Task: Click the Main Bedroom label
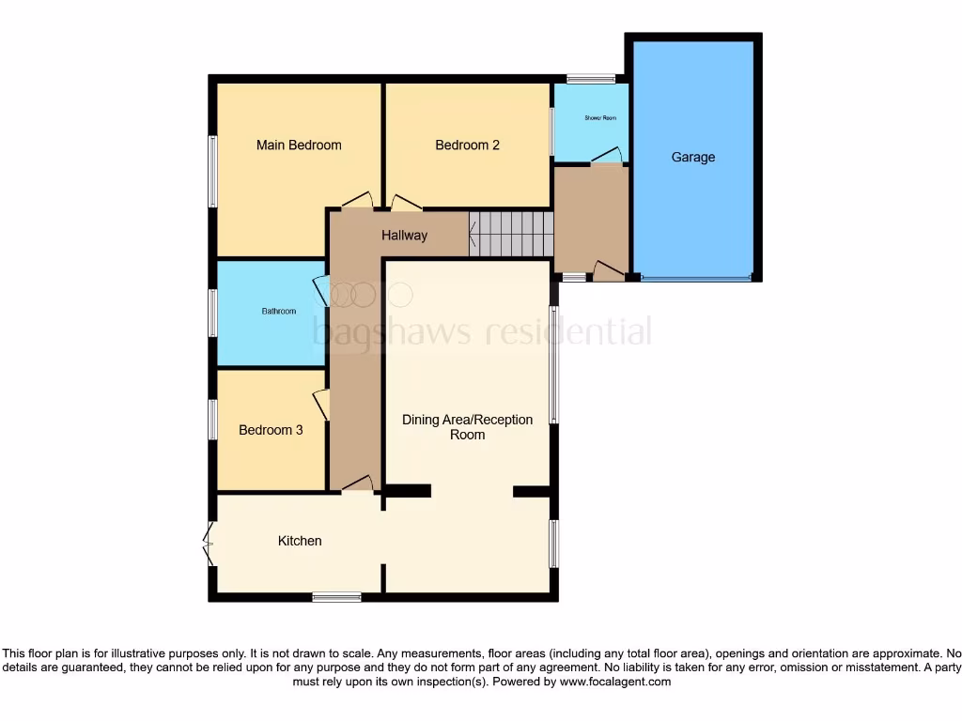click(x=299, y=145)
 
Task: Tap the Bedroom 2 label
click(x=467, y=145)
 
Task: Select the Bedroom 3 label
click(x=271, y=430)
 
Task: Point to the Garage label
click(x=693, y=157)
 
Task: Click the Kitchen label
click(x=300, y=541)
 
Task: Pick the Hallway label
click(x=404, y=236)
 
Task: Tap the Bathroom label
click(x=279, y=312)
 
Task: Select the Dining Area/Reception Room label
click(x=467, y=427)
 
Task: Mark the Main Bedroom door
click(x=357, y=201)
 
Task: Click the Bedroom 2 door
click(x=406, y=203)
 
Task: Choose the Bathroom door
click(x=320, y=291)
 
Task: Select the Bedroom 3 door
click(x=321, y=405)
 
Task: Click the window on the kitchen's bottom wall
click(x=336, y=596)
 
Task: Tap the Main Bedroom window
click(x=213, y=171)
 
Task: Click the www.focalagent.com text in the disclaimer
click(x=615, y=682)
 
